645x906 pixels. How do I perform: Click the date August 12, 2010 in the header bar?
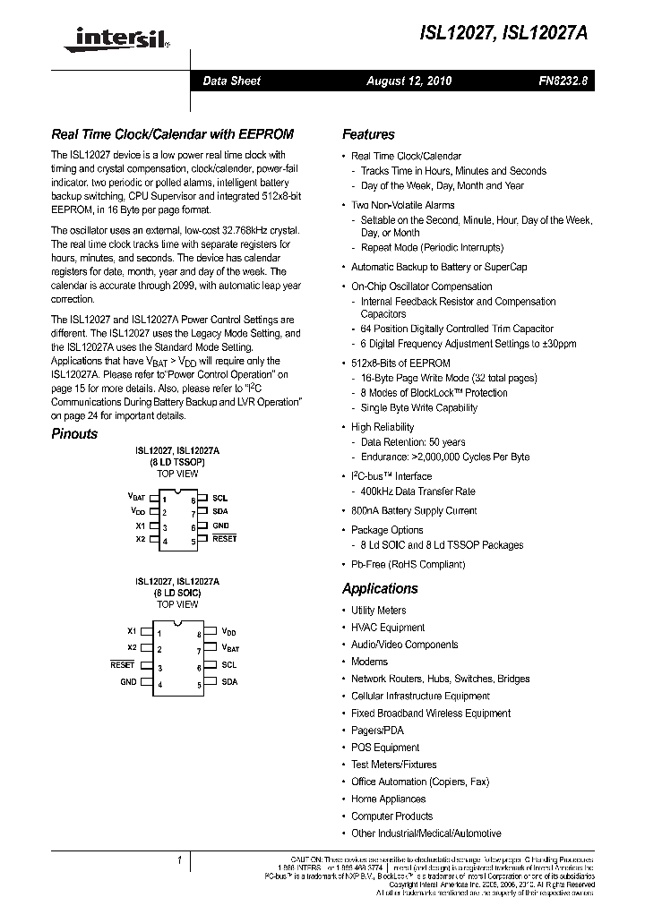[408, 81]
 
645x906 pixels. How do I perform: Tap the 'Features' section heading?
[368, 134]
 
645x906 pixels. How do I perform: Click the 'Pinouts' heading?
[74, 433]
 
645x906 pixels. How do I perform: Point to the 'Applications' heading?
[380, 588]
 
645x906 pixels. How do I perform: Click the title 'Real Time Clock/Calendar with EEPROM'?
[172, 134]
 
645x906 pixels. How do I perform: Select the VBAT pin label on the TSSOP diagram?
[136, 497]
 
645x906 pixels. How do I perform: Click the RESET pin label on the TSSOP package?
[224, 539]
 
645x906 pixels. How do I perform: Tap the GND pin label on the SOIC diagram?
[128, 682]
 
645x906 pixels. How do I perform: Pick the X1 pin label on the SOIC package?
[132, 631]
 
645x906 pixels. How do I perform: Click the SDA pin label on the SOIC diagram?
[229, 682]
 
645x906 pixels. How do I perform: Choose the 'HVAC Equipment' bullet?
[388, 628]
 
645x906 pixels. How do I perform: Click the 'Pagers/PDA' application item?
[377, 731]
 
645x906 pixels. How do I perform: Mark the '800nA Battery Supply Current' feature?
[414, 510]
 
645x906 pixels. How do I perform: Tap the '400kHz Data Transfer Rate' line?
[417, 491]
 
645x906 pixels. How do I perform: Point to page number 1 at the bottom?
[180, 861]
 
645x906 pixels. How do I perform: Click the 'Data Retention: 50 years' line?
[413, 442]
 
